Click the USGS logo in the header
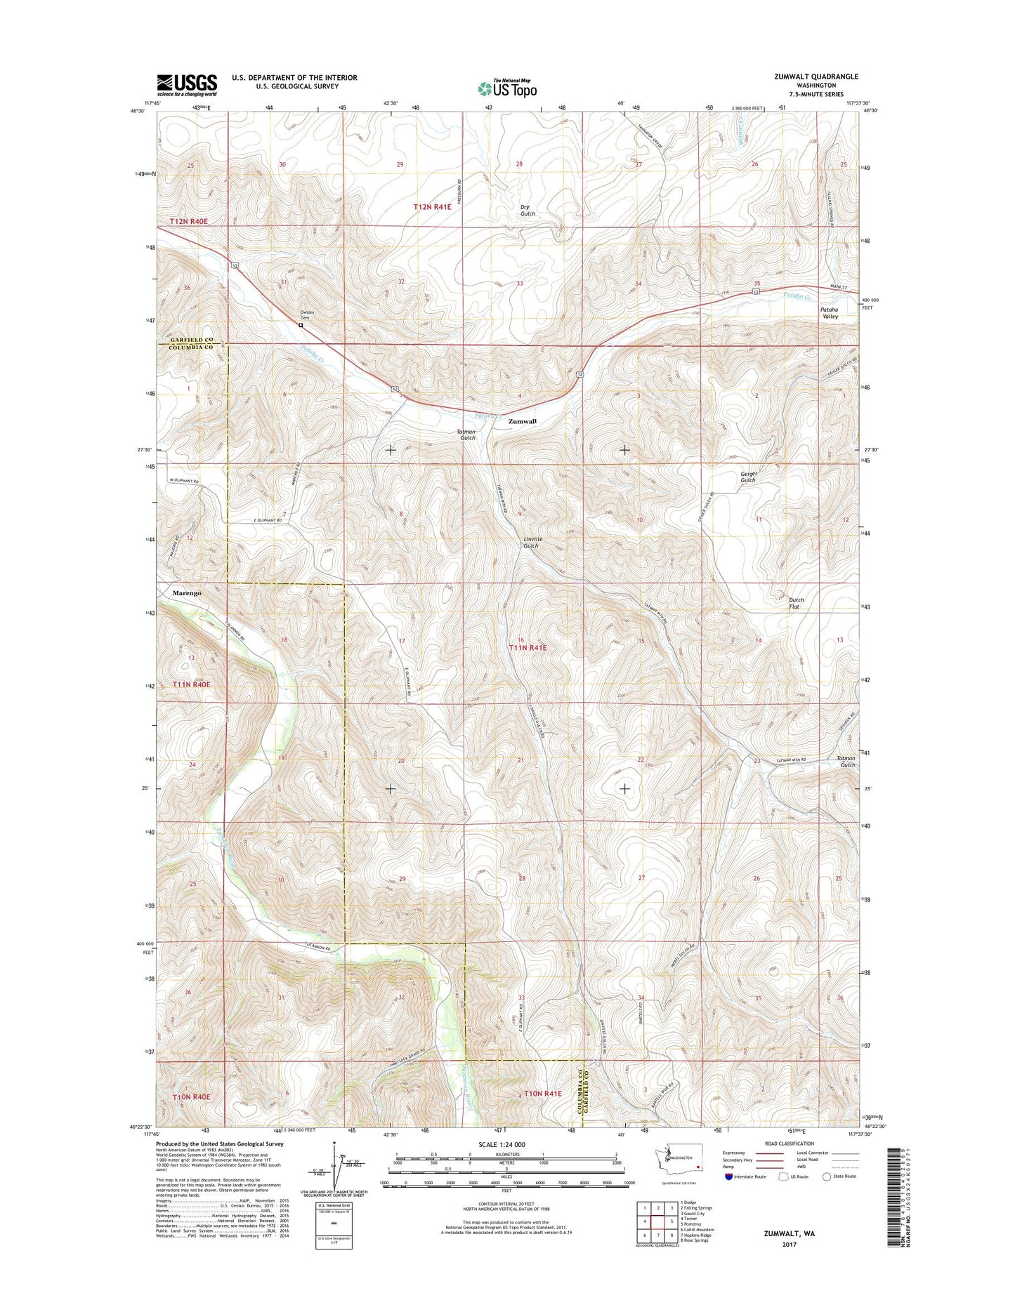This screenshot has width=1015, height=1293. tap(187, 84)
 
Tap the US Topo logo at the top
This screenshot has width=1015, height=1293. tap(507, 88)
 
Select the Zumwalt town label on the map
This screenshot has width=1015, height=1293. tap(522, 421)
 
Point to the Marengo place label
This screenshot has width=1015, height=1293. tap(187, 593)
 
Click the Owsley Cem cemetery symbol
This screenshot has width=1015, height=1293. tap(301, 325)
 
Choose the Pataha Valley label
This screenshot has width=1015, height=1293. tap(830, 313)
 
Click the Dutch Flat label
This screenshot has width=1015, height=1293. tap(796, 603)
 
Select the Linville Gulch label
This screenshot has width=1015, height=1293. tap(532, 543)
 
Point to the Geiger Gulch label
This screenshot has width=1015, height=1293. tap(748, 477)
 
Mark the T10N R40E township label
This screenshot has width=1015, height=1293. tap(191, 1096)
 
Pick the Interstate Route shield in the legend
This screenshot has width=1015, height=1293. tap(729, 1176)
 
